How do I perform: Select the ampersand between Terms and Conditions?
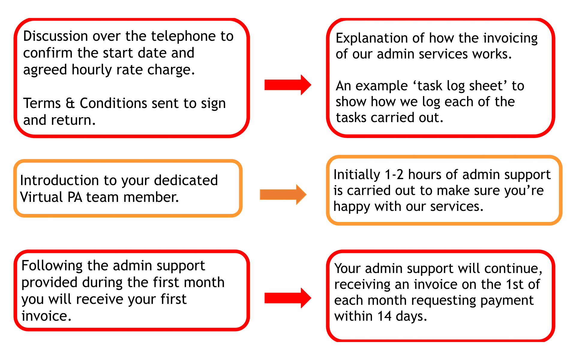[x=70, y=103]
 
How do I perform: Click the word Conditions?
[x=114, y=103]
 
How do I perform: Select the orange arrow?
[x=283, y=194]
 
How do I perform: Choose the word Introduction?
[x=59, y=180]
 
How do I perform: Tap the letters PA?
[x=75, y=197]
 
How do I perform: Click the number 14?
[x=385, y=316]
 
